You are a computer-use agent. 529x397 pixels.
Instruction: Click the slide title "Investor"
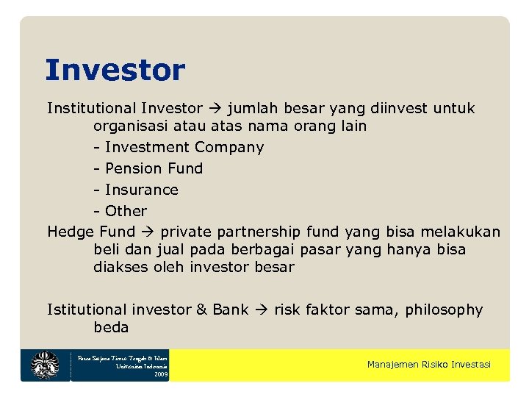point(115,71)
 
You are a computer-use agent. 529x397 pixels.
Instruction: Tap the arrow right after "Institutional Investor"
point(214,109)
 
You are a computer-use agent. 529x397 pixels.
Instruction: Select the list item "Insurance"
point(141,190)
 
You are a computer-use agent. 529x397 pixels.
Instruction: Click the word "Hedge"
point(71,232)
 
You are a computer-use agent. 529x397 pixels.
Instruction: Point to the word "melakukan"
point(464,232)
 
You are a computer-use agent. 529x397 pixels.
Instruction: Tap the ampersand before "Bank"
point(201,310)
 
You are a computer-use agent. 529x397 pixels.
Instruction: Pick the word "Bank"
point(231,310)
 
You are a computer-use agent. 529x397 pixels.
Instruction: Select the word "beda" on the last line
point(111,327)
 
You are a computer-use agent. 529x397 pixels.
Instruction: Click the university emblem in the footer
point(45,365)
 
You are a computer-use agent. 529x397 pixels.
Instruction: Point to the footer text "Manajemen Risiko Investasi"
point(428,365)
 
